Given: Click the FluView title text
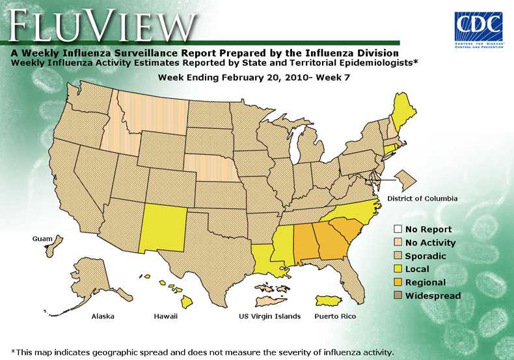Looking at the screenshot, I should (x=101, y=25).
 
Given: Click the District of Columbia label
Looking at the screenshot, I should (x=422, y=198).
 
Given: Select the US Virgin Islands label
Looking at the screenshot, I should (x=270, y=316).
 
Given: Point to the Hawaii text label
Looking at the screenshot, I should (x=165, y=316).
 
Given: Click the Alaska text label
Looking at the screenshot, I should (x=103, y=316).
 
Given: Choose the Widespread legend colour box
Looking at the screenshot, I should (x=397, y=296).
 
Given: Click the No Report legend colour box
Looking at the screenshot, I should (x=397, y=229).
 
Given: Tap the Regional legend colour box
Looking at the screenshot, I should (x=397, y=283).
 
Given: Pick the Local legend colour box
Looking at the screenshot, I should (x=397, y=269).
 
